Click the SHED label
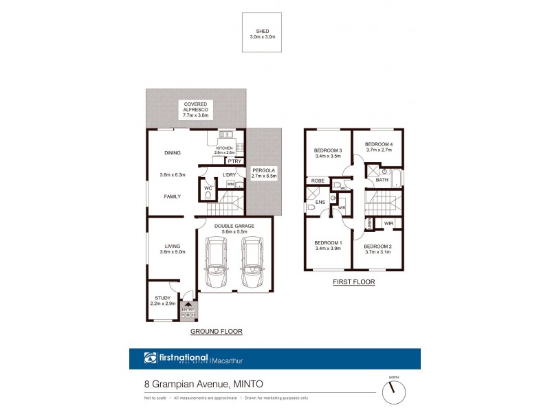(x=262, y=32)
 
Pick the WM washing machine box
(x=230, y=184)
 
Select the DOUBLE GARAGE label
(x=234, y=226)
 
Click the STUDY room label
(x=162, y=298)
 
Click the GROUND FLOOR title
(x=216, y=331)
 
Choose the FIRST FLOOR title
(x=353, y=282)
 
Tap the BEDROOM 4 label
(x=378, y=145)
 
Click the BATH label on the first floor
(x=382, y=179)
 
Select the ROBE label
(x=318, y=181)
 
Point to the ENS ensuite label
(x=320, y=203)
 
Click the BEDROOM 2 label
(x=377, y=247)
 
